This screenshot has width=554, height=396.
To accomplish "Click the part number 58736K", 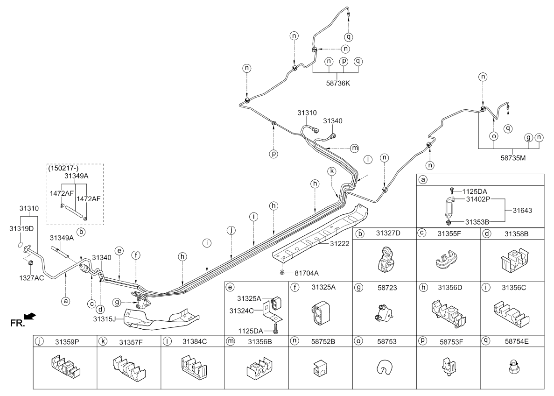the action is pyautogui.click(x=338, y=84).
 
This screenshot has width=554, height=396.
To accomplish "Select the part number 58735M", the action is pyautogui.click(x=513, y=158).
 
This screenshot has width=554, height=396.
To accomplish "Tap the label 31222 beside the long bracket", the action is pyautogui.click(x=339, y=244).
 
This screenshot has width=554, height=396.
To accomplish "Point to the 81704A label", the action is pyautogui.click(x=307, y=273).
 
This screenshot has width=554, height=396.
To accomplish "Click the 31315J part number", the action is pyautogui.click(x=105, y=319).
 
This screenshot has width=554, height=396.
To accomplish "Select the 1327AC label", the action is pyautogui.click(x=31, y=278).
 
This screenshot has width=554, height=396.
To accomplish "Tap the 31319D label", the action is pyautogui.click(x=21, y=228).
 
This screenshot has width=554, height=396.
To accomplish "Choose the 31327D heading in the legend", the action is pyautogui.click(x=388, y=233).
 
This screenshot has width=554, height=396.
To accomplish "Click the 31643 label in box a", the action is pyautogui.click(x=522, y=210).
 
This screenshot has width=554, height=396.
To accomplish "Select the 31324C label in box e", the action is pyautogui.click(x=241, y=311).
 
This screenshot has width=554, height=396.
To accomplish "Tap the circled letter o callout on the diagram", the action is pyautogui.click(x=494, y=136).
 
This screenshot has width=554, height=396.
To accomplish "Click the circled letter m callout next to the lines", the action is pyautogui.click(x=354, y=148).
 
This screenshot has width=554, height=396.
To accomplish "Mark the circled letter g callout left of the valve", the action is pyautogui.click(x=117, y=302).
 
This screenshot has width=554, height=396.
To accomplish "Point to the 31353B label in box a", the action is pyautogui.click(x=477, y=222).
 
